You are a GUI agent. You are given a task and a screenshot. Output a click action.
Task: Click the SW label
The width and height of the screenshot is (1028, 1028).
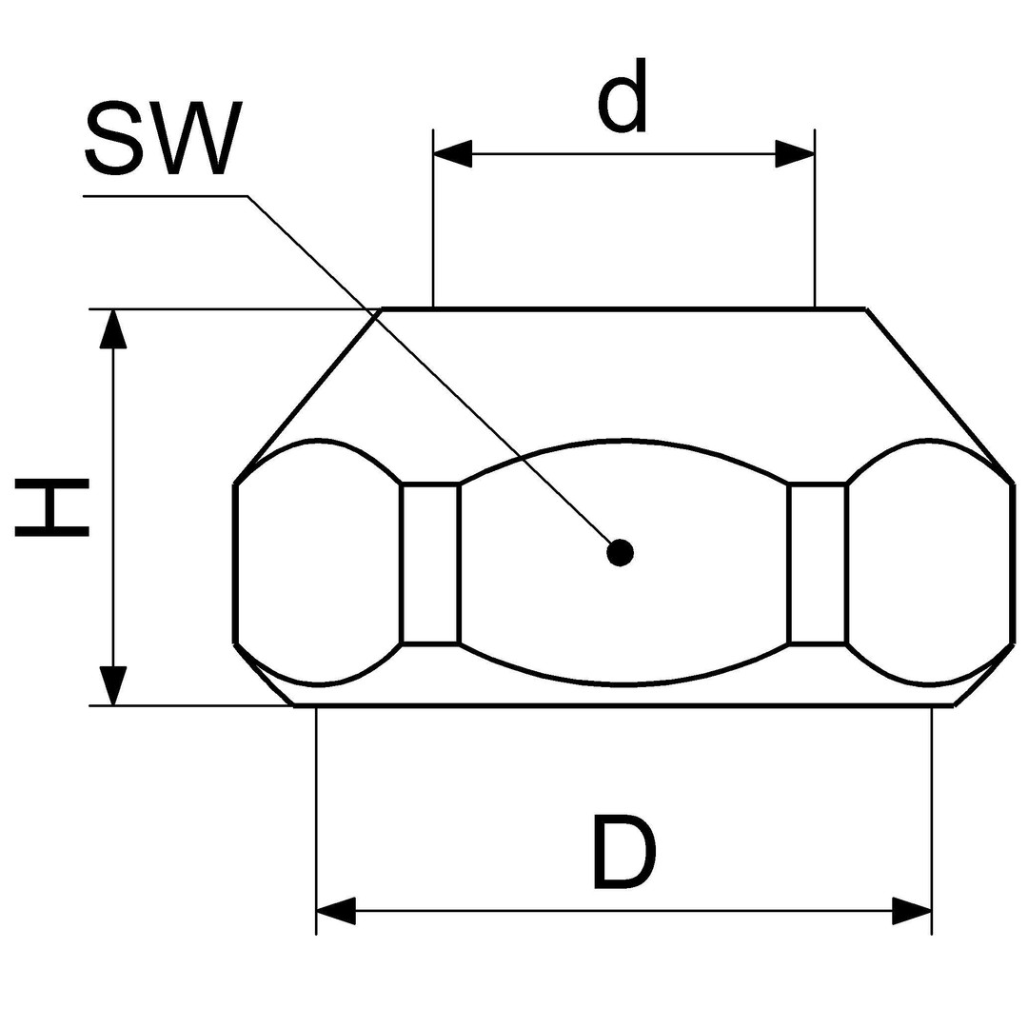point(164,138)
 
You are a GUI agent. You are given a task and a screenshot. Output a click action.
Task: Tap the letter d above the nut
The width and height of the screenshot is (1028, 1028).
point(623,96)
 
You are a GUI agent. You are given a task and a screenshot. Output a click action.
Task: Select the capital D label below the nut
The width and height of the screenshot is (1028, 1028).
point(623,852)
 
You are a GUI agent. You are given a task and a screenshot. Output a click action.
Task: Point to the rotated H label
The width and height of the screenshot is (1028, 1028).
point(51,507)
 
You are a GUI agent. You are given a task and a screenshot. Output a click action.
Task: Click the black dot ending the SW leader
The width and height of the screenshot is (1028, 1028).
point(620,553)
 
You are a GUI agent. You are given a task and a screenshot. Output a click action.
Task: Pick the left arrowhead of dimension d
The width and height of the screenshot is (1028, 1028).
point(452,154)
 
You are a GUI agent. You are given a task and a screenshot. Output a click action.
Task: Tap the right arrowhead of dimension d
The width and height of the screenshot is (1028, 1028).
point(795,154)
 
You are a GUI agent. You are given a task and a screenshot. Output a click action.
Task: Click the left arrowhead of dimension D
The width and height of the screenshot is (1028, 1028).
point(336,911)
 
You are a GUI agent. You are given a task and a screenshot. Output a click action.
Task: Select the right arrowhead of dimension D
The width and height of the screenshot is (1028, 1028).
point(912,911)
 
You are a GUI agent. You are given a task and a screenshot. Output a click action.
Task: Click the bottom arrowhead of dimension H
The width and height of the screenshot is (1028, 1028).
point(113,685)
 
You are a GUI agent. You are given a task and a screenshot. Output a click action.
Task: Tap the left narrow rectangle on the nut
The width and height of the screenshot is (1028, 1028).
point(430,563)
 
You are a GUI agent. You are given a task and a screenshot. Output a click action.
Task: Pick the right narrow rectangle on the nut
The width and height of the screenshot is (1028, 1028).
point(818,563)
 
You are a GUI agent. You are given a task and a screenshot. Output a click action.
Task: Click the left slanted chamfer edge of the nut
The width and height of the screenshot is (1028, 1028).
point(308,396)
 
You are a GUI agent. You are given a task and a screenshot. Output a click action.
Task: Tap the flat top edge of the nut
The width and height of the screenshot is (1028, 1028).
point(623,307)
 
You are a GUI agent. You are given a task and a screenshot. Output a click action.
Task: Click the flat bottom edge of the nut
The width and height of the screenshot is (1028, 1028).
point(624,705)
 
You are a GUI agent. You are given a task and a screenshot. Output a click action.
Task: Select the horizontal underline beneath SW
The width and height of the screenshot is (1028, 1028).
point(166,195)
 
